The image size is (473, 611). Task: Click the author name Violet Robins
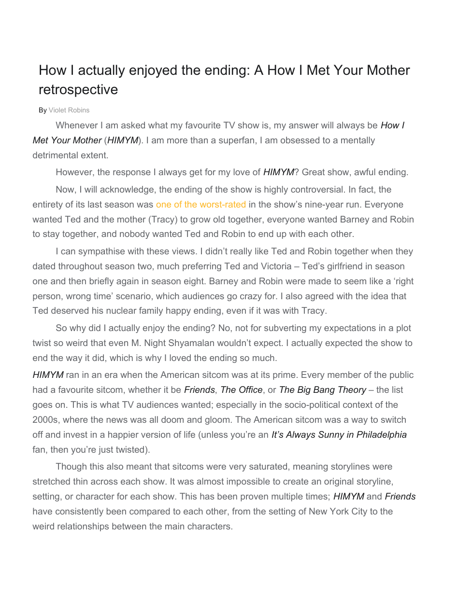tap(69, 110)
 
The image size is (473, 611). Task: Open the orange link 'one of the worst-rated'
tap(201, 204)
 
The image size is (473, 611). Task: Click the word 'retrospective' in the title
tap(78, 90)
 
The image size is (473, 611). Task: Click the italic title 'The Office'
tap(241, 390)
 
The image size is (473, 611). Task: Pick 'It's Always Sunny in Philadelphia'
tap(339, 435)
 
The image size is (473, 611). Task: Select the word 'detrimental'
tap(57, 155)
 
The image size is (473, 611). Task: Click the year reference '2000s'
tap(45, 420)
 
